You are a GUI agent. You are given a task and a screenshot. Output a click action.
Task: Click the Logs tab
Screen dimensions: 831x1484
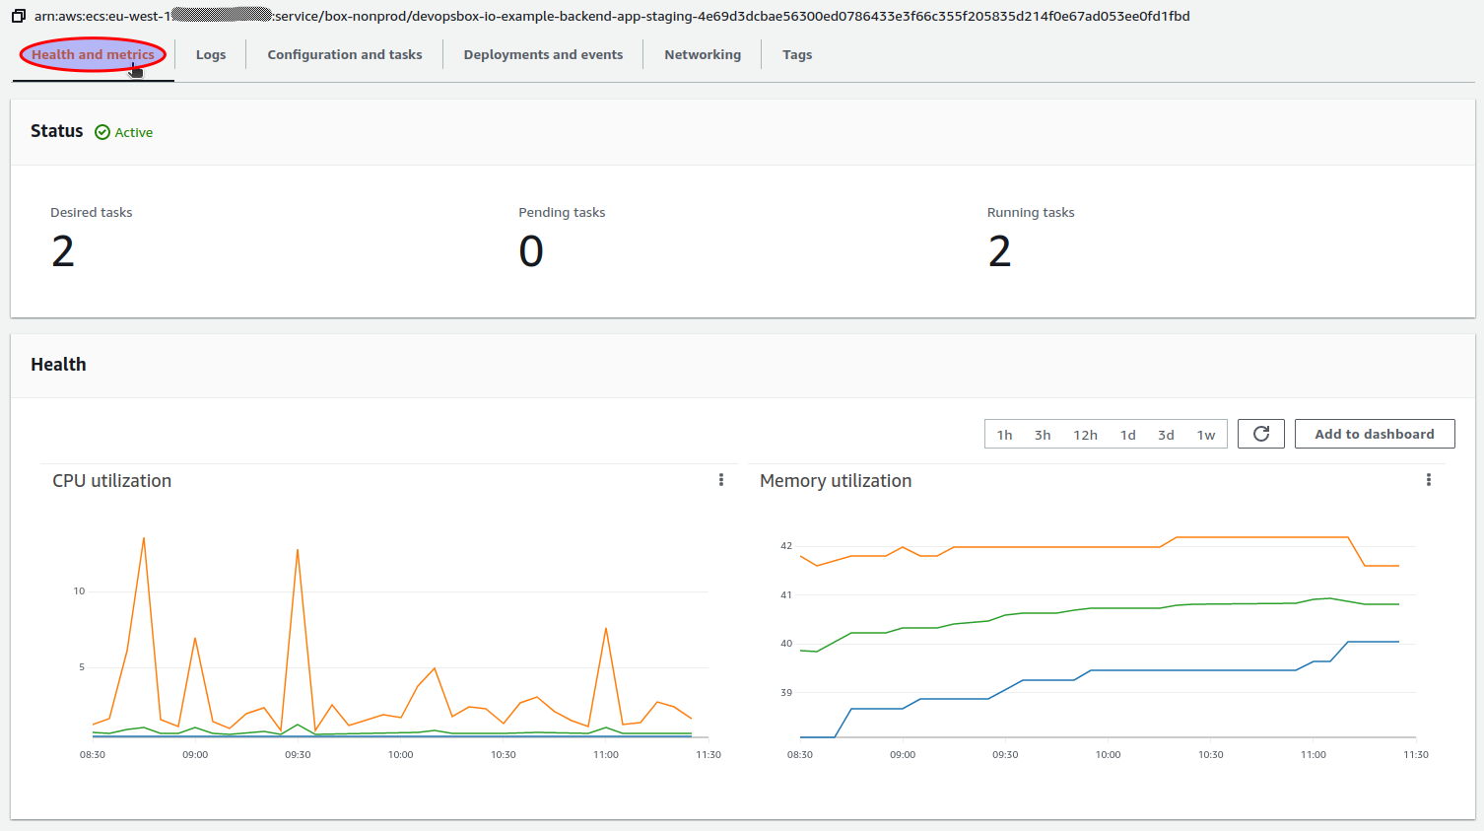click(211, 55)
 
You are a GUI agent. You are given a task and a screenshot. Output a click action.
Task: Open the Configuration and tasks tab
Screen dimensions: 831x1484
click(344, 55)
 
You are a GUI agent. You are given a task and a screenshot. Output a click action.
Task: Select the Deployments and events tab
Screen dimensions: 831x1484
click(543, 55)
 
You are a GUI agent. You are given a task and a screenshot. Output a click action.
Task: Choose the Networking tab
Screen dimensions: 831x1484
click(703, 55)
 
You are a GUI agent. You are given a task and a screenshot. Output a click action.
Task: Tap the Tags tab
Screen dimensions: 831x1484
click(797, 55)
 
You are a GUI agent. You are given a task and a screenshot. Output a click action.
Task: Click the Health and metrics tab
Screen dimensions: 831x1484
click(93, 55)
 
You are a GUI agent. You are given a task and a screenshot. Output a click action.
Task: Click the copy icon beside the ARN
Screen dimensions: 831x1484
click(19, 16)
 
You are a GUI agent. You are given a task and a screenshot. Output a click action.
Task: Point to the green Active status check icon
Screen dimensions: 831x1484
click(102, 132)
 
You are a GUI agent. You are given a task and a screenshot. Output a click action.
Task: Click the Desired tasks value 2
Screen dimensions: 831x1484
click(63, 251)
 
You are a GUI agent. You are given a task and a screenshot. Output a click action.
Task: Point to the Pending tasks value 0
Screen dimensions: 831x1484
click(531, 251)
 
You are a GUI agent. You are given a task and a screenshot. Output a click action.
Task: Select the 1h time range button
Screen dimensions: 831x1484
click(1004, 435)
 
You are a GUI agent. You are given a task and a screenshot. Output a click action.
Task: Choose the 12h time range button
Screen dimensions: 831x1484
click(1085, 435)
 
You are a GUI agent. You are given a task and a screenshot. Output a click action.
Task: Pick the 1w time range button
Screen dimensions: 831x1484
click(1206, 435)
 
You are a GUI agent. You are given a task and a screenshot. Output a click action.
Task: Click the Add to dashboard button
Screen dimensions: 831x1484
click(1374, 434)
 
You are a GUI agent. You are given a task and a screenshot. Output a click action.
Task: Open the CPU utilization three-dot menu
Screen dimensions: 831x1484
click(721, 480)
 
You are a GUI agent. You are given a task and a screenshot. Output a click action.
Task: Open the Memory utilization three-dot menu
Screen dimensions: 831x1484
click(1429, 480)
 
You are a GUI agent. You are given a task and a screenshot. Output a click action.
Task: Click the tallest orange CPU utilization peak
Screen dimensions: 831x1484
click(144, 539)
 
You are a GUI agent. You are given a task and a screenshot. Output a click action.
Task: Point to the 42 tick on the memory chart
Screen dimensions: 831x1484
click(786, 546)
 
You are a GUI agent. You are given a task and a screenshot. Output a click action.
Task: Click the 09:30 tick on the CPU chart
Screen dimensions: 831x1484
click(298, 755)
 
